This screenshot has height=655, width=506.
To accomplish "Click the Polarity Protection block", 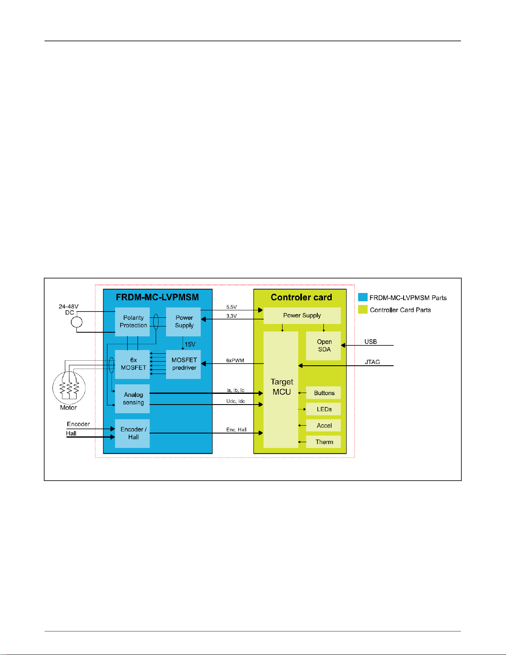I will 133,322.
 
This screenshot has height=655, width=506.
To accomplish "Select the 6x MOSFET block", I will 133,364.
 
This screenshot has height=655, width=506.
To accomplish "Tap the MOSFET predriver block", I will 184,364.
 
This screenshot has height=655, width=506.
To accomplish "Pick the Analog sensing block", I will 133,399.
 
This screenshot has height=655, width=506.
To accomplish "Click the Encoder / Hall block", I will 133,433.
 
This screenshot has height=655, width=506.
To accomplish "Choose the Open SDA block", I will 324,345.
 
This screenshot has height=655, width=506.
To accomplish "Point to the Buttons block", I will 324,393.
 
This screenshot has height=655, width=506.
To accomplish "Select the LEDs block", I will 324,409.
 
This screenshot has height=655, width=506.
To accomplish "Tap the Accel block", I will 324,426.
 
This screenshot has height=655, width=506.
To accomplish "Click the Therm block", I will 324,442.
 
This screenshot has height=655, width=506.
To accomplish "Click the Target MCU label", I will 282,387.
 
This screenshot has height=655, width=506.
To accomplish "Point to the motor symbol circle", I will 69,388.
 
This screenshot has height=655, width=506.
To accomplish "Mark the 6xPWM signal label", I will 235,360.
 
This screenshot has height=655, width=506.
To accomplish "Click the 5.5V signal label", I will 231,307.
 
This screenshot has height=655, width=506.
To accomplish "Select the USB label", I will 371,342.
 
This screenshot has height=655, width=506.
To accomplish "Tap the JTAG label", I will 372,362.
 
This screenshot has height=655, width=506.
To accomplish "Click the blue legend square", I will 363,297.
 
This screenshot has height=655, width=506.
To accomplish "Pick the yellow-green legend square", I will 363,310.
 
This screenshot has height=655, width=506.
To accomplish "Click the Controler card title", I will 301,297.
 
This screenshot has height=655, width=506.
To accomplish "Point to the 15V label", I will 190,344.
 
